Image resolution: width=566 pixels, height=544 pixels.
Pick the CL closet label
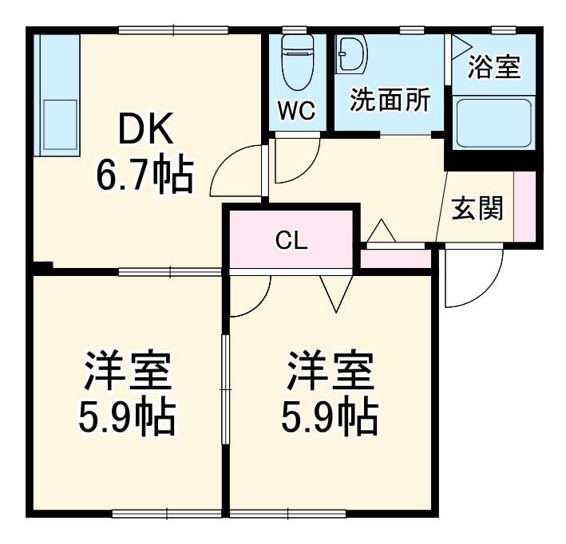pyautogui.click(x=291, y=240)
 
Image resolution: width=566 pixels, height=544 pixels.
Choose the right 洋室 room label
pyautogui.click(x=329, y=369)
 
